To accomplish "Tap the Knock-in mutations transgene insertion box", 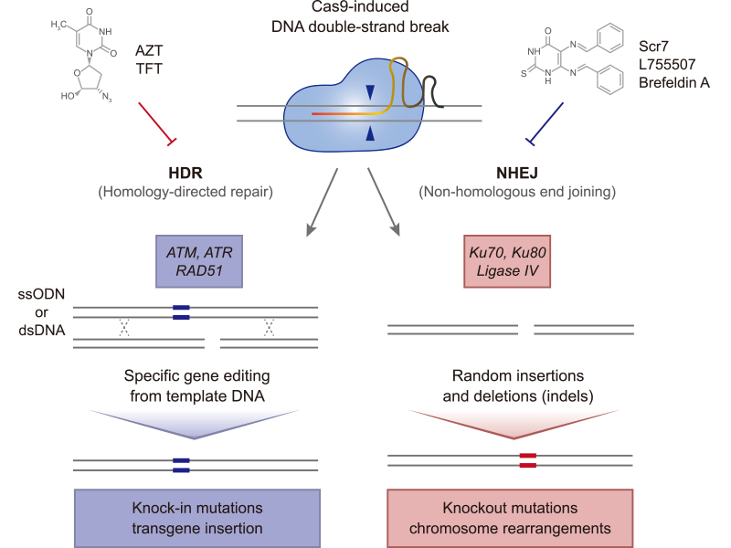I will click(196, 517).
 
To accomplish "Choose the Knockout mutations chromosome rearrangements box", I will click(510, 517).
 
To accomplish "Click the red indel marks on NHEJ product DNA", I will click(527, 459).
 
